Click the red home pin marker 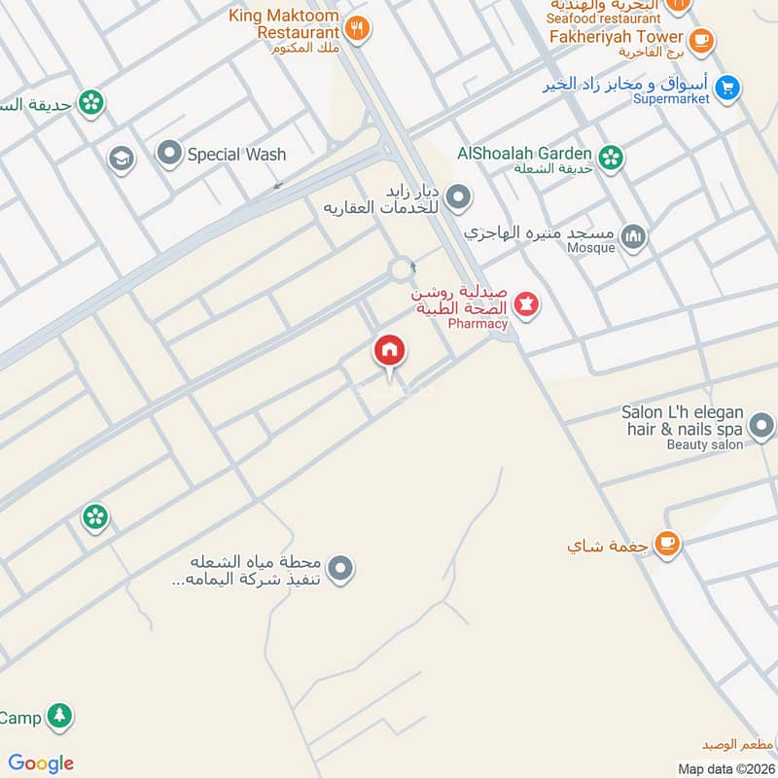[x=390, y=351]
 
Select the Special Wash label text [x=236, y=154]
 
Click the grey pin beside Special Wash [x=170, y=154]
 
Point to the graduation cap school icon [x=121, y=159]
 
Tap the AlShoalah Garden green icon [x=611, y=157]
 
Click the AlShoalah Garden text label [x=524, y=153]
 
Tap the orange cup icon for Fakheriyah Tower [x=700, y=41]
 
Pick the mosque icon [x=634, y=236]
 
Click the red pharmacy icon [x=527, y=305]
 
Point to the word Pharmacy [x=478, y=324]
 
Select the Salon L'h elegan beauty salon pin [x=761, y=425]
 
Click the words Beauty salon [x=704, y=444]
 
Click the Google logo [x=41, y=763]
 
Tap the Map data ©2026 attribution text [x=725, y=769]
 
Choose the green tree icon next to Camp [x=60, y=718]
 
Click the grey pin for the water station [x=339, y=569]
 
